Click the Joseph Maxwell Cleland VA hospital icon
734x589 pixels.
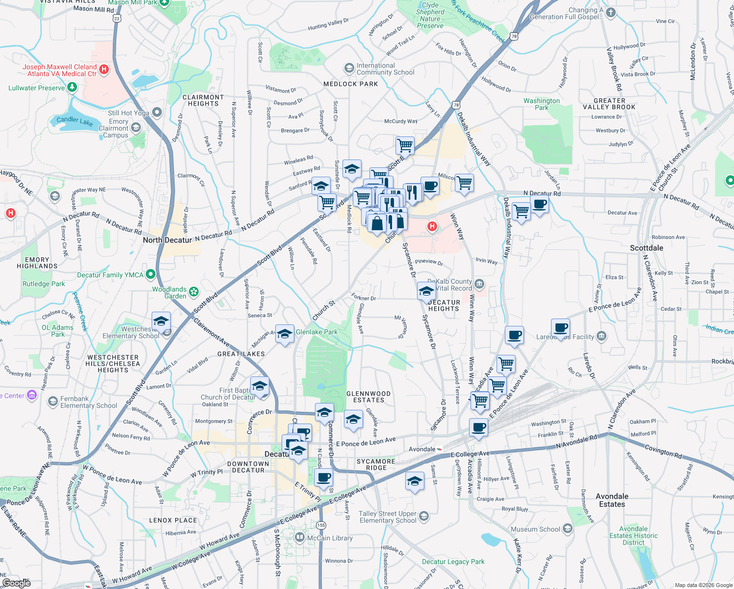[104, 69]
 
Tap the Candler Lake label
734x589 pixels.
[75, 121]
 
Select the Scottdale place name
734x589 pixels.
[646, 248]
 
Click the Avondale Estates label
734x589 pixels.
[612, 500]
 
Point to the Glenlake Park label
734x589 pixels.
[316, 332]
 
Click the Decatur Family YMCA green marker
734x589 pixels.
[151, 274]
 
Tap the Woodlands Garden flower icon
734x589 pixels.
[194, 292]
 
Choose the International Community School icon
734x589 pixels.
[349, 68]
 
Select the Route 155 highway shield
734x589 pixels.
[321, 525]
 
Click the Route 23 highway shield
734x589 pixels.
[116, 18]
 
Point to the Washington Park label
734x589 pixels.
[541, 104]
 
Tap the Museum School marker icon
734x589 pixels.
[568, 529]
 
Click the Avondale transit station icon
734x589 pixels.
[439, 449]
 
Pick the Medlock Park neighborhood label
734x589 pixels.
[350, 84]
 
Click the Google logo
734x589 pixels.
[16, 583]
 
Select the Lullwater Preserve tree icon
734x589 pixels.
[72, 87]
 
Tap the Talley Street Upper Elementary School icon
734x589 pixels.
[424, 516]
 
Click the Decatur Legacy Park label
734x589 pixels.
[453, 562]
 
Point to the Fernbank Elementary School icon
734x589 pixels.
[53, 402]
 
